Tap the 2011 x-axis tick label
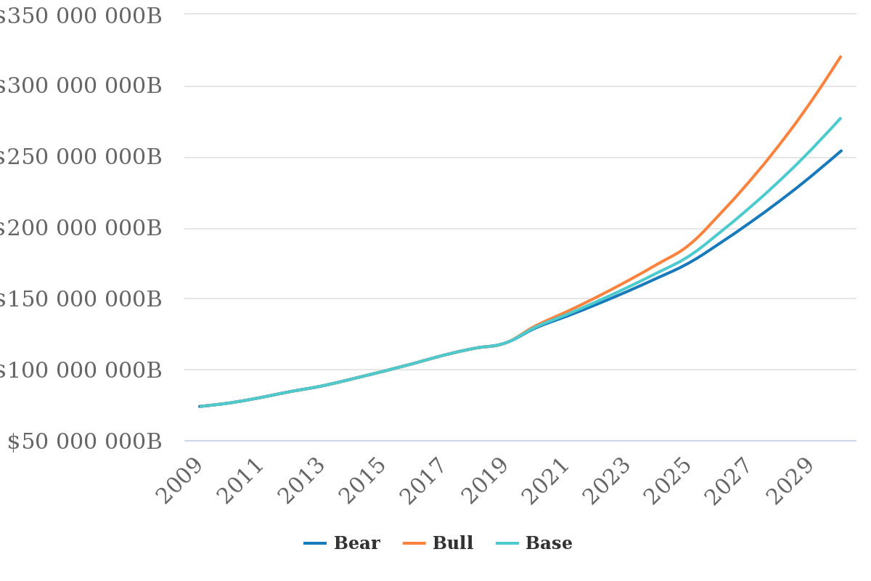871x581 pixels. click(242, 481)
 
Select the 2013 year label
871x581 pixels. click(303, 481)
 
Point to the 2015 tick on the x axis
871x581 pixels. click(365, 481)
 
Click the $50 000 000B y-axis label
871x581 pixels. click(84, 442)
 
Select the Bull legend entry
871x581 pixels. click(439, 543)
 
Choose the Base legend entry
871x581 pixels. click(535, 543)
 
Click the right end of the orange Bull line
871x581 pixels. click(841, 56)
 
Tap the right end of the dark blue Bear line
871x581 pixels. click(841, 151)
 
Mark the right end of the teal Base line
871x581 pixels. click(841, 118)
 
